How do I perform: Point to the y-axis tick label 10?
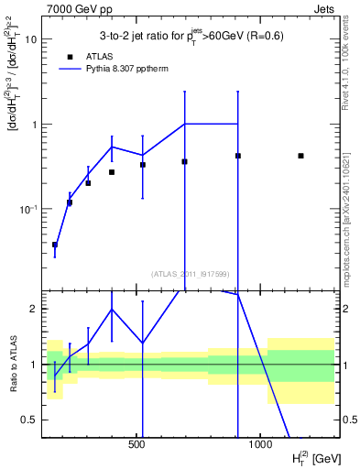coord(31,39)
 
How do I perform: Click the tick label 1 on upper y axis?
coord(34,125)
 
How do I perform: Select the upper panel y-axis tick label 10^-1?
coord(27,209)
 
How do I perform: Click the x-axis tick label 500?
coord(137,443)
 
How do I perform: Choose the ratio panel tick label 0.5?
coord(30,420)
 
